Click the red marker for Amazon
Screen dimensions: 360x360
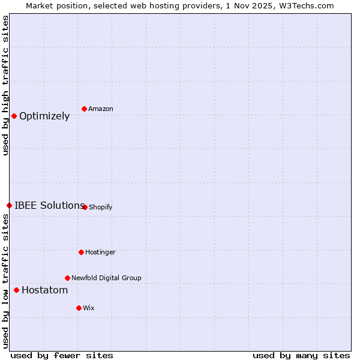click(x=84, y=109)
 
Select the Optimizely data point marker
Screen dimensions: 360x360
click(x=14, y=116)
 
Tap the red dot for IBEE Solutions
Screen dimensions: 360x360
click(x=9, y=205)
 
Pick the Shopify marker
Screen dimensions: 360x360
click(x=85, y=207)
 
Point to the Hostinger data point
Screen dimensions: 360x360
click(x=81, y=252)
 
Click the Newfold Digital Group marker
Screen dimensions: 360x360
click(x=67, y=278)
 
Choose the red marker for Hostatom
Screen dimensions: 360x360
click(x=16, y=290)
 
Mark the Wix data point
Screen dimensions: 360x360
click(x=79, y=308)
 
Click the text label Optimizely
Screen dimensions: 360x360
click(x=44, y=116)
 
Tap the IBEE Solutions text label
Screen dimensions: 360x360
click(x=49, y=205)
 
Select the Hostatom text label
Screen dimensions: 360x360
click(x=45, y=290)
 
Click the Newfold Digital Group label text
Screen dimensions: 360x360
click(x=106, y=278)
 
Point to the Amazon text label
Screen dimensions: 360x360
click(x=101, y=109)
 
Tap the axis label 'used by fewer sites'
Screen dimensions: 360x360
click(x=62, y=355)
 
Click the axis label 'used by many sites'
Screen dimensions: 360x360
click(x=301, y=355)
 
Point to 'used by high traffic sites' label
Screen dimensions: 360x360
click(x=5, y=85)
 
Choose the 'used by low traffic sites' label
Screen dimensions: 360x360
click(x=5, y=281)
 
